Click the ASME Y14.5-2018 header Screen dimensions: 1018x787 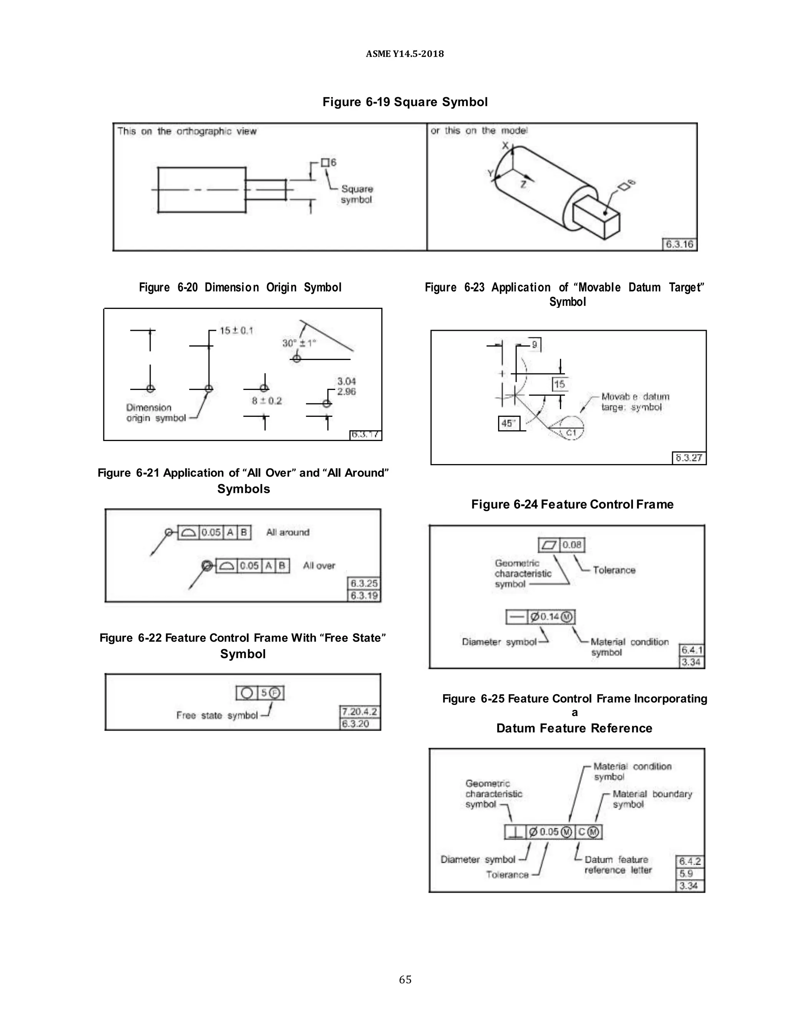pyautogui.click(x=405, y=54)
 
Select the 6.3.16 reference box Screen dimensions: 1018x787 pyautogui.click(x=679, y=244)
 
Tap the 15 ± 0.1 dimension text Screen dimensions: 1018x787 pyautogui.click(x=236, y=330)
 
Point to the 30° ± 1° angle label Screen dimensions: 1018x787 pyautogui.click(x=299, y=343)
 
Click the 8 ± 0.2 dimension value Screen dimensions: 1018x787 pyautogui.click(x=267, y=400)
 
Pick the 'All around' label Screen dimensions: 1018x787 pyautogui.click(x=288, y=532)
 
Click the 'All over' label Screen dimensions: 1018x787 pyautogui.click(x=319, y=565)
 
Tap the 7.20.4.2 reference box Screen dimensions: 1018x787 pyautogui.click(x=359, y=712)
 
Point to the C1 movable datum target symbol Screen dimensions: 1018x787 pyautogui.click(x=571, y=433)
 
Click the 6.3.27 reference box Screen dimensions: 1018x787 pyautogui.click(x=689, y=458)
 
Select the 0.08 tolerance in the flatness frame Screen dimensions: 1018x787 pyautogui.click(x=571, y=545)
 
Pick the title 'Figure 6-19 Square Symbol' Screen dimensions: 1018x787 pyautogui.click(x=405, y=102)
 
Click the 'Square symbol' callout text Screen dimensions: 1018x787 pyautogui.click(x=357, y=194)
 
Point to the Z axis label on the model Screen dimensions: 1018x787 pyautogui.click(x=523, y=184)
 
